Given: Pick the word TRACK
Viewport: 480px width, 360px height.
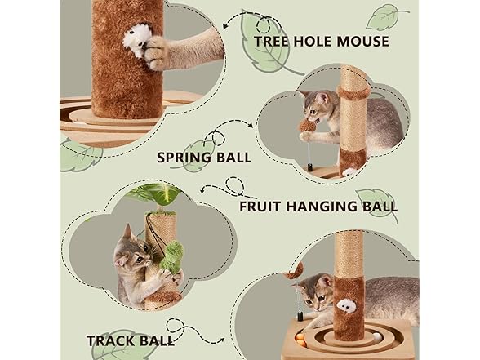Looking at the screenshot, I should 113,340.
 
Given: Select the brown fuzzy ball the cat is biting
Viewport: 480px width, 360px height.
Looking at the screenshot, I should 309,123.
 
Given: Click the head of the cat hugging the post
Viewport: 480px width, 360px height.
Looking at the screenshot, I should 131,248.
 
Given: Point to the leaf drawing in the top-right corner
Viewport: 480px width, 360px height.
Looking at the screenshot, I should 384,16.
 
